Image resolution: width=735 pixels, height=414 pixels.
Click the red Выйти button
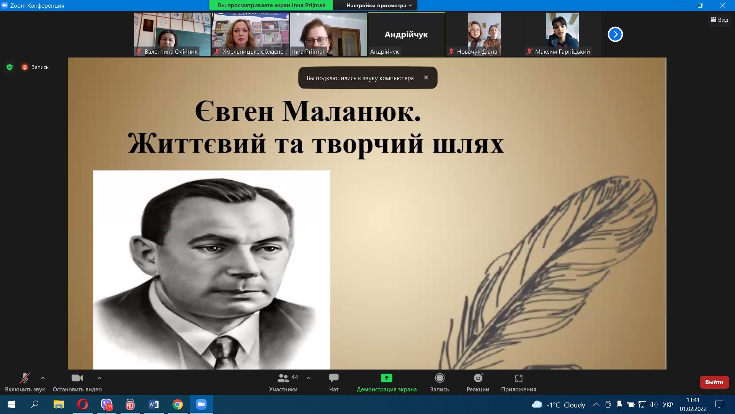point(714,382)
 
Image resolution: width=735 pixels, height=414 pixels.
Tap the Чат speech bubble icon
point(334,378)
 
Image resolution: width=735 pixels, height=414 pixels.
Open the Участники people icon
point(283,378)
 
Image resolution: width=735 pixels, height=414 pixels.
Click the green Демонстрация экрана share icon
point(387,378)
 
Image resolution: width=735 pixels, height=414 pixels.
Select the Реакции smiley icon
point(478,378)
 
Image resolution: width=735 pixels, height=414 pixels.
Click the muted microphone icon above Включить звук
point(25,378)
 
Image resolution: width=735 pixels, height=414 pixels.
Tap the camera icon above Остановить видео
point(77,378)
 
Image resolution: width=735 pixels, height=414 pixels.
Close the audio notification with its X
point(426,77)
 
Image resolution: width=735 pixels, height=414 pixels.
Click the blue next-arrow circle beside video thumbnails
point(615,34)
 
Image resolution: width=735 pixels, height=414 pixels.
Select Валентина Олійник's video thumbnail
point(172,34)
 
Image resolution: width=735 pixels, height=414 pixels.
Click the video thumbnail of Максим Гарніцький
point(562,34)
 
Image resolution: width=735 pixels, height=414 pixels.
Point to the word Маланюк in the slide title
point(351,112)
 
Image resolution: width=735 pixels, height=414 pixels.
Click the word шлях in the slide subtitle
point(468,144)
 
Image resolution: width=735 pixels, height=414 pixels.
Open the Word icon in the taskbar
point(154,404)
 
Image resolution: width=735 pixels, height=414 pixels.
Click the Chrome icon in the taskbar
point(178,404)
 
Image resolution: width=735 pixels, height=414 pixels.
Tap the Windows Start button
point(11,404)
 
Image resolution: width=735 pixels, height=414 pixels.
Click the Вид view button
point(720,20)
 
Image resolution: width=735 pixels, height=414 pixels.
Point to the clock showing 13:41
point(693,400)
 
